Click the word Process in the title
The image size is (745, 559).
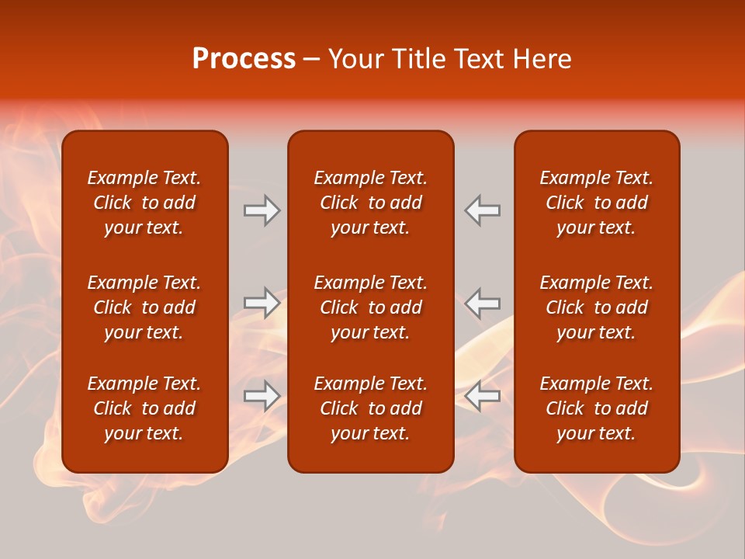click(244, 59)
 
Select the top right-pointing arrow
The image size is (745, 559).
click(262, 210)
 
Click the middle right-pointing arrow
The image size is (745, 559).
click(262, 303)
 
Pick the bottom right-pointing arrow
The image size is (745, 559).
click(262, 396)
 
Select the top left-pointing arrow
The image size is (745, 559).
click(483, 210)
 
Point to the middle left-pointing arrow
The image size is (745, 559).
click(483, 303)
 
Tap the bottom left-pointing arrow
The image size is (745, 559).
click(483, 396)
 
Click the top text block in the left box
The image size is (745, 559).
click(144, 203)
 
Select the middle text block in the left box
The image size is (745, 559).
click(144, 307)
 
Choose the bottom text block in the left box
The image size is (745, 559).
click(144, 408)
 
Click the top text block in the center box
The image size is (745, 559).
click(370, 203)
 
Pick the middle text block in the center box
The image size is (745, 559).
click(370, 307)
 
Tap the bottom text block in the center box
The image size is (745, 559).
click(370, 408)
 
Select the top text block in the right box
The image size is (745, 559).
click(596, 203)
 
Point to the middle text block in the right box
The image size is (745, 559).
click(596, 307)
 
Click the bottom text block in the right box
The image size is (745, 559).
click(596, 408)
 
